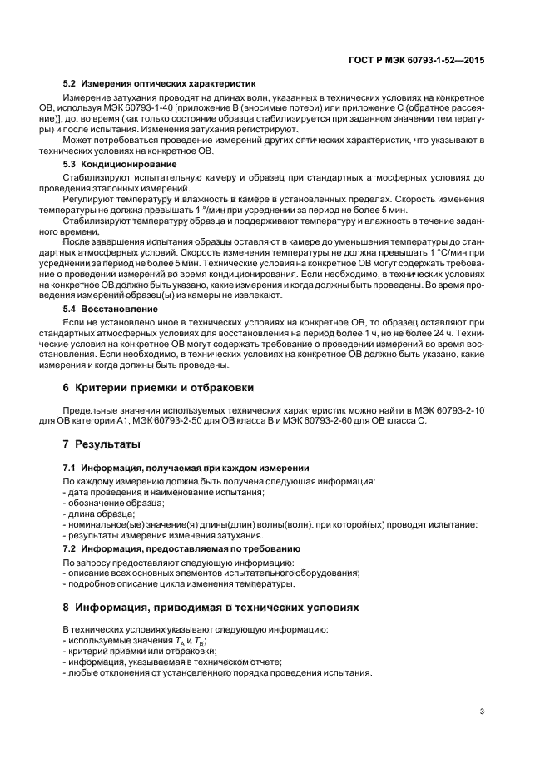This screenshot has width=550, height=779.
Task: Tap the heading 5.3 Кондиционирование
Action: coord(120,165)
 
